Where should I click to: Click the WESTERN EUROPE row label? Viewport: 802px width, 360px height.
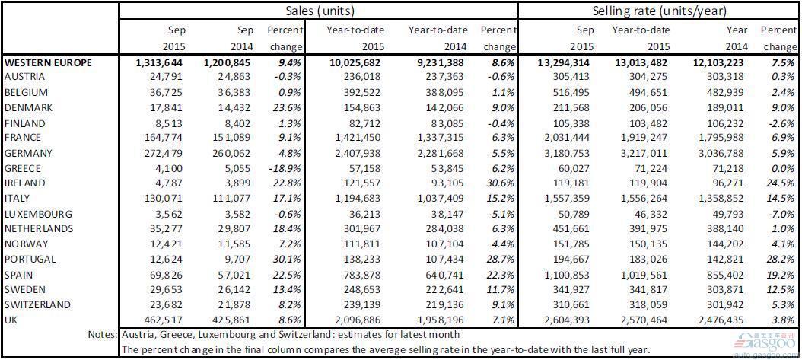point(48,62)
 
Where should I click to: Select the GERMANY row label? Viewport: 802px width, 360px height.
point(29,153)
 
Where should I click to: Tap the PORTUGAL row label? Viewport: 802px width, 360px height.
point(31,260)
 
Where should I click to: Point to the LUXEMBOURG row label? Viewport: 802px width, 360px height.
point(38,214)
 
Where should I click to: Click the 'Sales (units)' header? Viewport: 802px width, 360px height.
point(320,11)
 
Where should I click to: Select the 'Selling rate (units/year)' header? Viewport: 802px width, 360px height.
point(659,11)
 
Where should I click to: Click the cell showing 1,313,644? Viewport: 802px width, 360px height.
point(161,62)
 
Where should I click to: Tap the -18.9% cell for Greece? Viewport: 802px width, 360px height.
point(286,168)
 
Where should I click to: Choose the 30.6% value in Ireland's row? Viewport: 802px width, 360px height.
point(499,183)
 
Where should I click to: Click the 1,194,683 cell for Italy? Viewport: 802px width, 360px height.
point(356,199)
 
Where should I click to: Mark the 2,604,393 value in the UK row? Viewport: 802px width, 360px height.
point(565,320)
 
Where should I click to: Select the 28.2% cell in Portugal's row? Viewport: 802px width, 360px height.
point(781,260)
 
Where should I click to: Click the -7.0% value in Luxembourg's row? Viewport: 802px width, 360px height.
point(781,214)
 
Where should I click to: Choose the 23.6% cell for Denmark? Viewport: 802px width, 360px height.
point(286,107)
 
